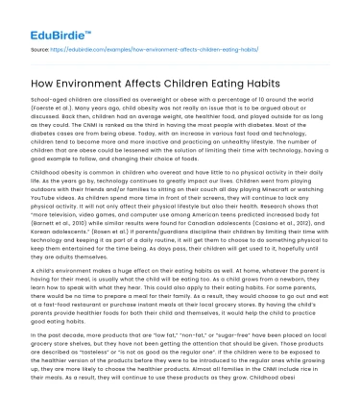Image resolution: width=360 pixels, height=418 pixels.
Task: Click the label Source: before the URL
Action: click(41, 45)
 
